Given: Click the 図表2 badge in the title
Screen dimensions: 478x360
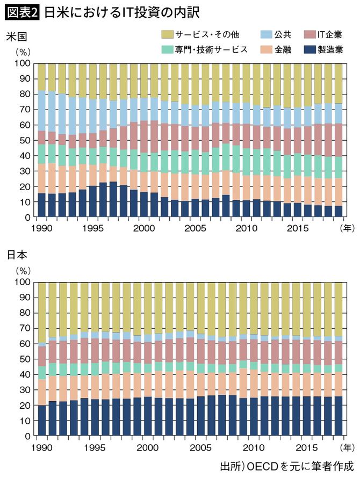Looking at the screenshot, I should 21,11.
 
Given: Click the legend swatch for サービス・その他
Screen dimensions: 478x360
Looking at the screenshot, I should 167,35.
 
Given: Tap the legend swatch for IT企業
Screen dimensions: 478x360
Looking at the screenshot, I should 311,35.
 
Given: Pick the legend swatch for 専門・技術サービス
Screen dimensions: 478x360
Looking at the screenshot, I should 167,49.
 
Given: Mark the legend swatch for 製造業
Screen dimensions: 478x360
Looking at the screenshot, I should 311,49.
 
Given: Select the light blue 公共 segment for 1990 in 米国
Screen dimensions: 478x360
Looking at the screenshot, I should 41,111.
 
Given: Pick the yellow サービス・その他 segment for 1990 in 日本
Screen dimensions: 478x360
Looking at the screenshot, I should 41,312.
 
